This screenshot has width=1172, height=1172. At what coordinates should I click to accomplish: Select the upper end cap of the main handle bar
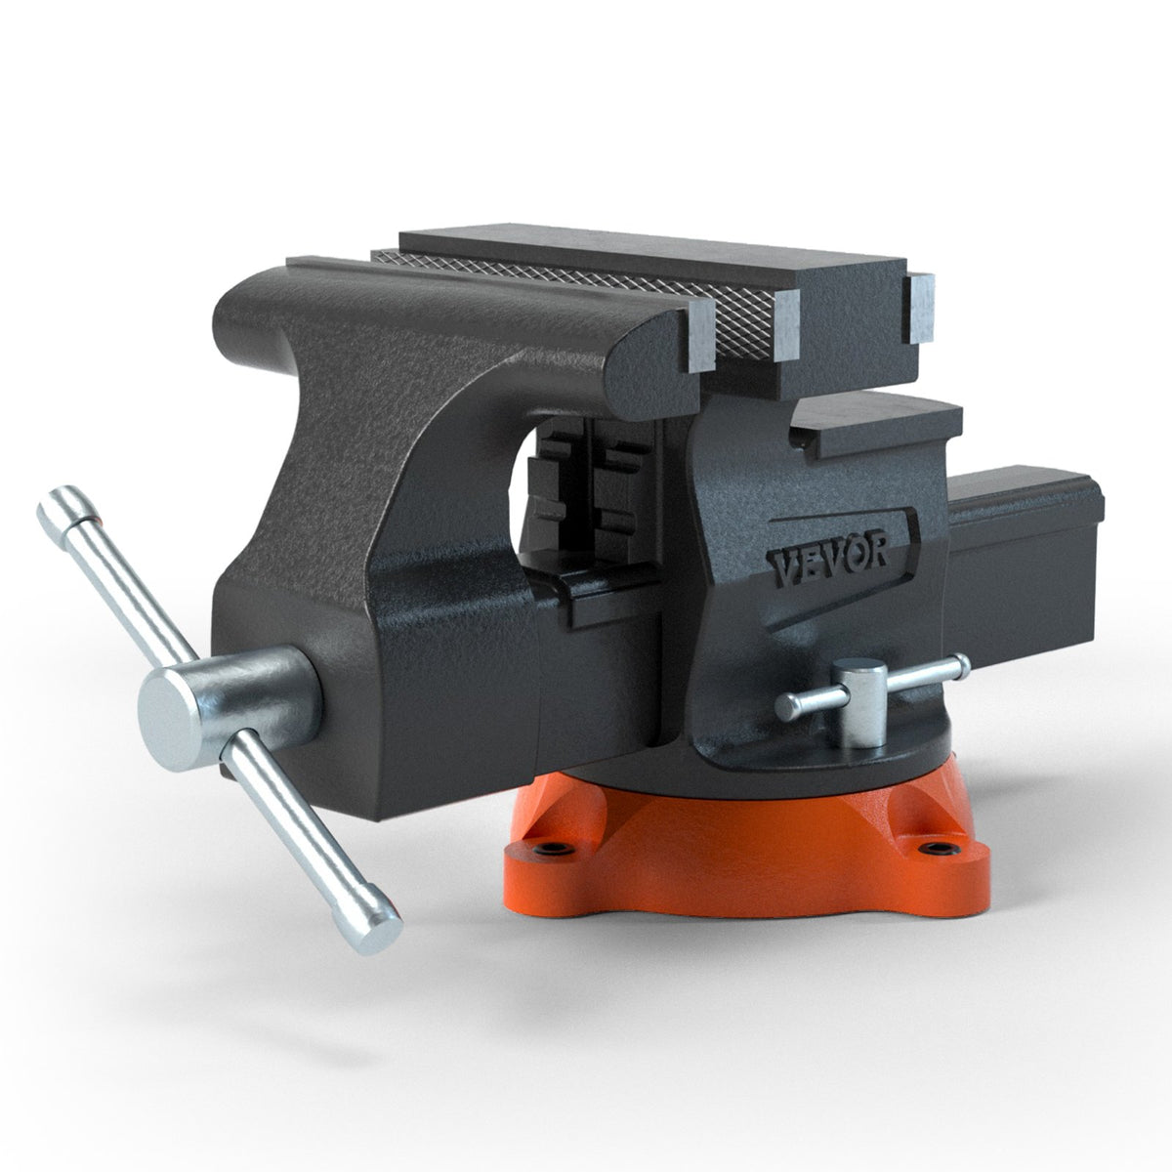click(x=61, y=506)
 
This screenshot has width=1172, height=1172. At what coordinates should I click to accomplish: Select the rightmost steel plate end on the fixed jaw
click(x=918, y=308)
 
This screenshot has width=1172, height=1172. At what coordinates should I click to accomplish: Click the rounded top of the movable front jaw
click(x=439, y=293)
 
